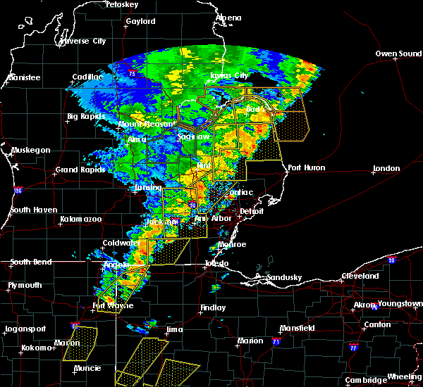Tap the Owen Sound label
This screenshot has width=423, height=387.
(x=398, y=53)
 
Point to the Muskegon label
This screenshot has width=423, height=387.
(x=31, y=150)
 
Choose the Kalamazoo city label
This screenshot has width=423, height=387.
(x=80, y=220)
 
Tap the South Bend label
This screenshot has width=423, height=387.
(x=32, y=262)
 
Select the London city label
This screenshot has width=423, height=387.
(x=388, y=168)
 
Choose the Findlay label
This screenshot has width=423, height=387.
(x=212, y=307)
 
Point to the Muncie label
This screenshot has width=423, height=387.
(x=87, y=368)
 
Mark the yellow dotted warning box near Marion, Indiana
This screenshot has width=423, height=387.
(x=80, y=336)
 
